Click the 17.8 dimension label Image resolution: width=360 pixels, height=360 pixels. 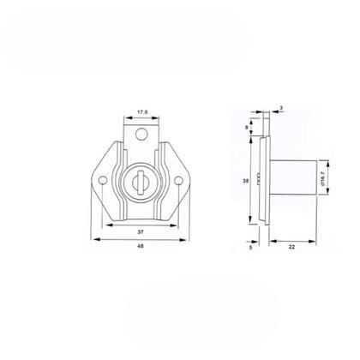click(x=142, y=110)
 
